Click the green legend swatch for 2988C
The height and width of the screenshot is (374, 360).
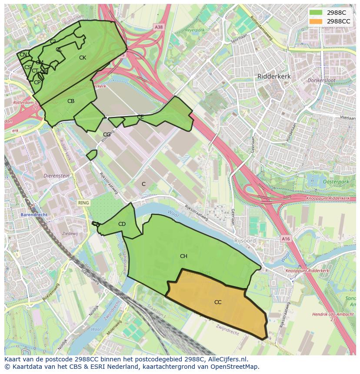click(x=316, y=13)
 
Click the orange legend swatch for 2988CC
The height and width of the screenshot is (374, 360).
click(x=316, y=21)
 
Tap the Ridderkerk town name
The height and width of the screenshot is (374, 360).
click(x=274, y=76)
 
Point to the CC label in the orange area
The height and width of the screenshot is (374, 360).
click(x=218, y=302)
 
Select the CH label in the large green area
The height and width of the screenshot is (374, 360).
click(x=183, y=256)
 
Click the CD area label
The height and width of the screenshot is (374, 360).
click(x=122, y=224)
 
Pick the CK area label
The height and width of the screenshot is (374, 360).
click(x=82, y=58)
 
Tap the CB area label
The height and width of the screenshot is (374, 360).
click(x=71, y=101)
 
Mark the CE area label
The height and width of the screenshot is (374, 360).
click(x=140, y=117)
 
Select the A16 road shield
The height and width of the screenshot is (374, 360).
click(x=285, y=238)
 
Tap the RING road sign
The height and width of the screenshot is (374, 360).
click(x=83, y=203)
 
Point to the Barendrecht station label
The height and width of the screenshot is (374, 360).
click(x=33, y=215)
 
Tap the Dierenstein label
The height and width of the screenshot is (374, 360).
click(x=57, y=176)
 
